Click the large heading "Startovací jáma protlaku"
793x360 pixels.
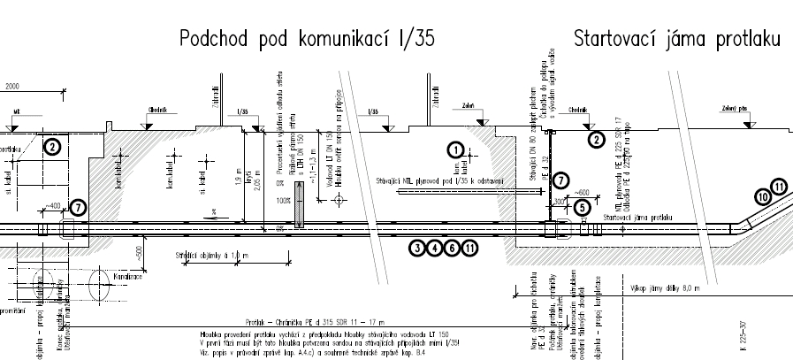(677, 39)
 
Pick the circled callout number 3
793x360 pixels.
(418, 248)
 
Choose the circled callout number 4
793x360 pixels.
(435, 248)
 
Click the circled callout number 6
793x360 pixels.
(452, 248)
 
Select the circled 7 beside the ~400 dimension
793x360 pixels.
(77, 208)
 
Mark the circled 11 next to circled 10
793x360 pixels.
(778, 188)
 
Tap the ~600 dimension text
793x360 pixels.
(582, 192)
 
